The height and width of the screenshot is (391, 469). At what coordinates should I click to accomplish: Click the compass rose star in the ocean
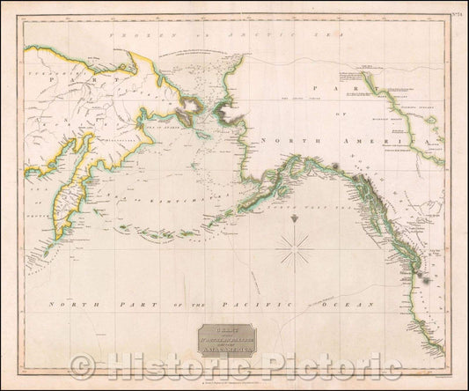click(295, 249)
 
